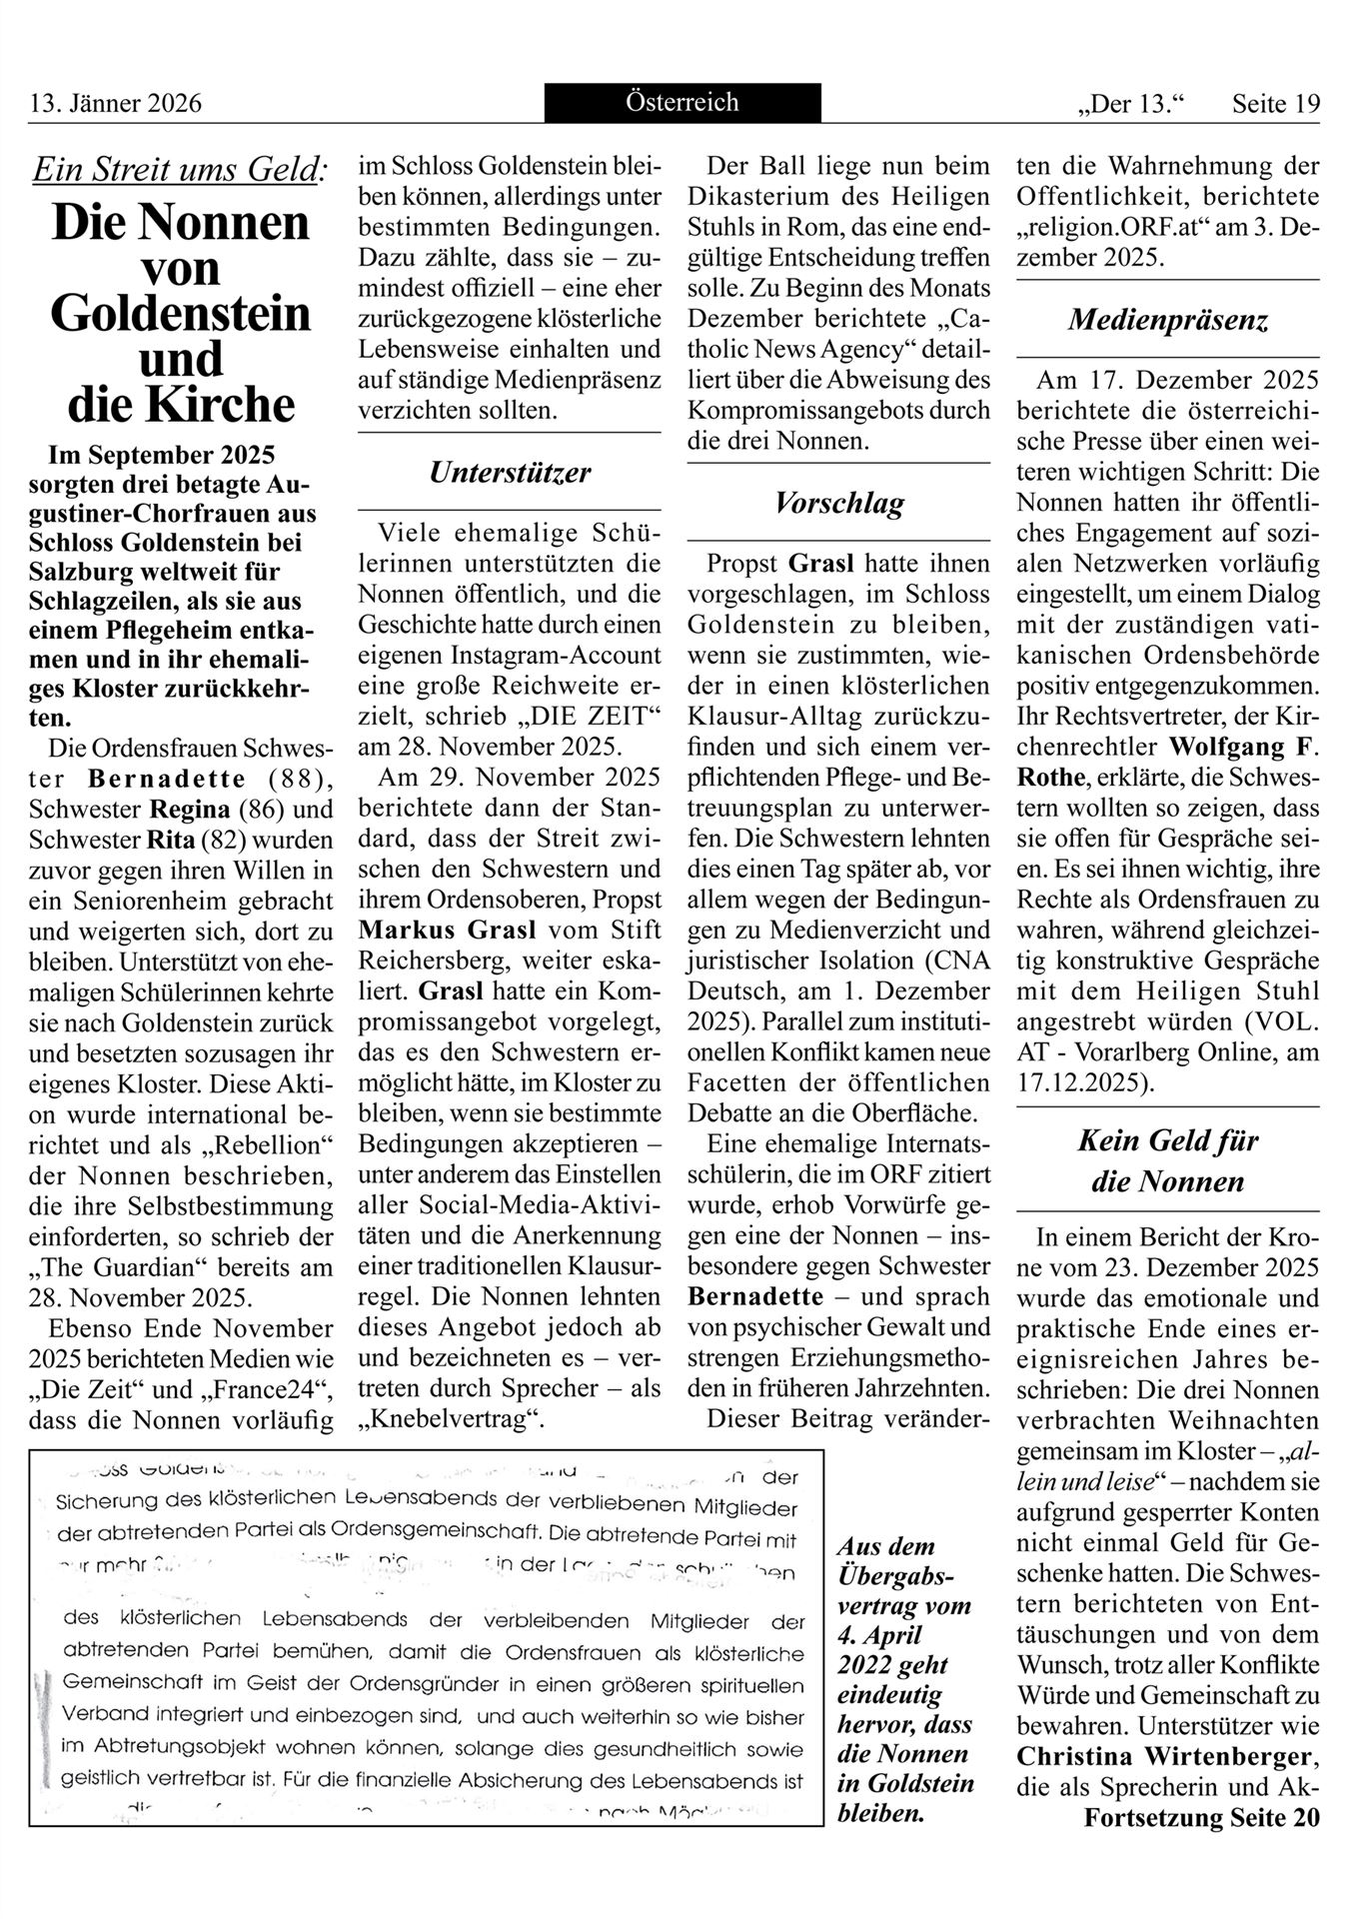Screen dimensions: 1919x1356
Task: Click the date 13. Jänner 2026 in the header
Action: click(116, 104)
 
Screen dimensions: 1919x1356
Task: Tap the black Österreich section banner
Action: click(682, 102)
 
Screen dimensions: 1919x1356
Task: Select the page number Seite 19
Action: click(1276, 104)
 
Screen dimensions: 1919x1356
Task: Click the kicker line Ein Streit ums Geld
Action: click(179, 170)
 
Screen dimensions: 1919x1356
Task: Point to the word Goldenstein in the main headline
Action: click(181, 313)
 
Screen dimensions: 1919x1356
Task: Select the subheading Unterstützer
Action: click(510, 473)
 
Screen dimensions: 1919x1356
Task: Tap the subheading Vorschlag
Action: click(839, 503)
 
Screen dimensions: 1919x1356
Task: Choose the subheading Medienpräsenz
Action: click(1167, 320)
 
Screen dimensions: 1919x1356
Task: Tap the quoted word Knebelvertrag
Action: click(451, 1419)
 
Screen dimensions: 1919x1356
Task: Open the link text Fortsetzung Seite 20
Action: click(1201, 1817)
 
